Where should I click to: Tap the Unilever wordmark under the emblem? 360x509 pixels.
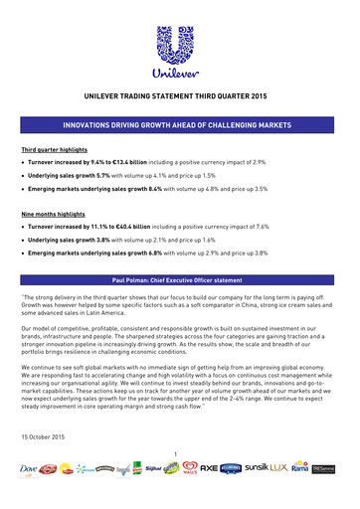179,71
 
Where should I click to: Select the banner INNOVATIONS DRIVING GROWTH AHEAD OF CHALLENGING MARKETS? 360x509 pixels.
179,127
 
